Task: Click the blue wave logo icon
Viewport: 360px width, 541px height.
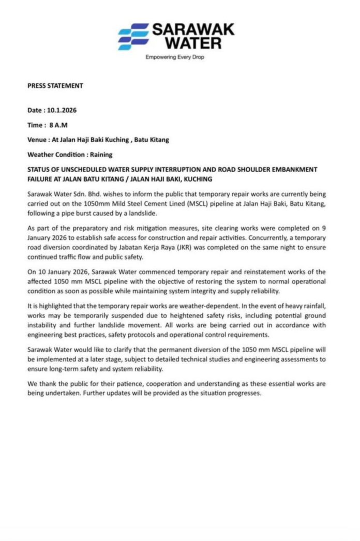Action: click(133, 37)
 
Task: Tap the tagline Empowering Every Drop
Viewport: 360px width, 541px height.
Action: click(175, 57)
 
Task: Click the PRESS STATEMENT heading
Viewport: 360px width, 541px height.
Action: click(55, 86)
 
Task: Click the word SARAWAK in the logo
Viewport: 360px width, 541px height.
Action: click(193, 29)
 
